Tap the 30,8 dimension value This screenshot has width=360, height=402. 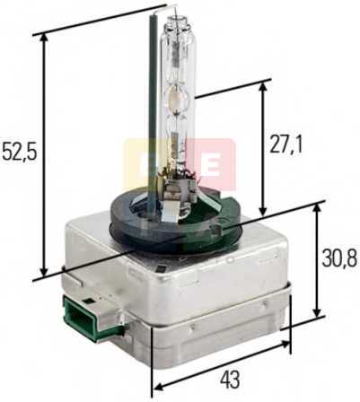pyautogui.click(x=339, y=258)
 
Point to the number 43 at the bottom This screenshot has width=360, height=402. pyautogui.click(x=230, y=380)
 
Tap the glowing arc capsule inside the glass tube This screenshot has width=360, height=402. pyautogui.click(x=178, y=98)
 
